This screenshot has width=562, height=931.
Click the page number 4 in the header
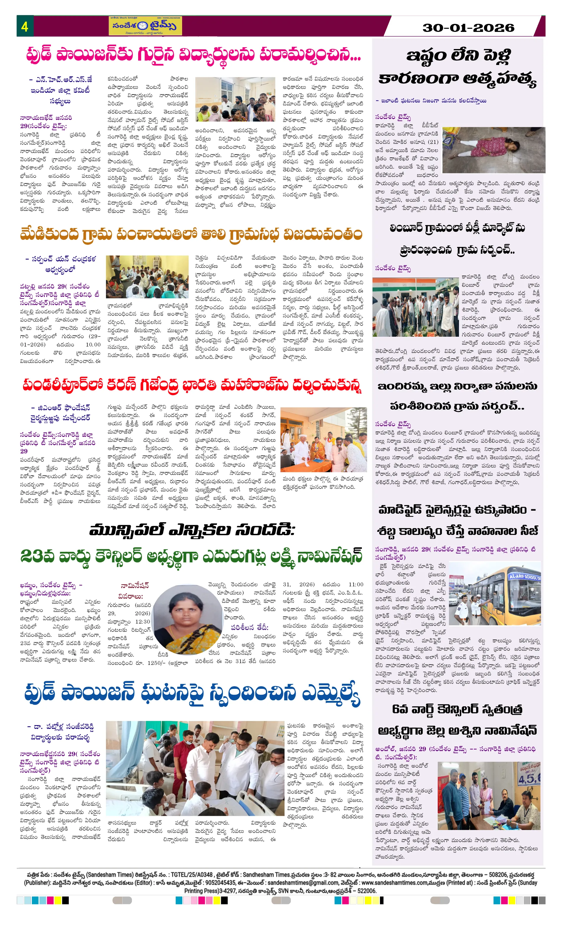pyautogui.click(x=24, y=27)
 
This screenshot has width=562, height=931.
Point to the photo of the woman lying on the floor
pyautogui.click(x=493, y=150)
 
